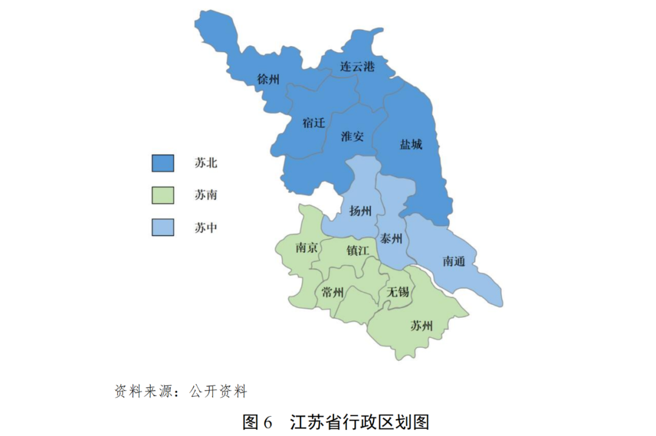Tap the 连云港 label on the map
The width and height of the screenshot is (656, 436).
[357, 67]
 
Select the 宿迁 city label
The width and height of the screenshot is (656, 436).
[313, 122]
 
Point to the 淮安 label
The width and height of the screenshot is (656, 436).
[352, 136]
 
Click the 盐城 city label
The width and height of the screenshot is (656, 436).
[411, 144]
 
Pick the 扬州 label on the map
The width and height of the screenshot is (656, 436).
[360, 211]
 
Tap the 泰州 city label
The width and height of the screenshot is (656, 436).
[391, 239]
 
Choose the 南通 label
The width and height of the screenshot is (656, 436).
[454, 261]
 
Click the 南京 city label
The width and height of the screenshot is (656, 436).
[307, 247]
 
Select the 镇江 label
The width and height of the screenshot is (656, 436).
[357, 250]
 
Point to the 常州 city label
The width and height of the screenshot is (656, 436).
[333, 293]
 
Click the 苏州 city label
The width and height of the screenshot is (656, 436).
[422, 326]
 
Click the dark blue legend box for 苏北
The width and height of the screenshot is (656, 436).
[163, 163]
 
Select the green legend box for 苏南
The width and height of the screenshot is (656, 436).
[163, 195]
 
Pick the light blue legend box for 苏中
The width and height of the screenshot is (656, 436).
[163, 227]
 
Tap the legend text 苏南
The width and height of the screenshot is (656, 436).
[206, 195]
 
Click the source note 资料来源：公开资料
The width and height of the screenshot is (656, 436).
[181, 391]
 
